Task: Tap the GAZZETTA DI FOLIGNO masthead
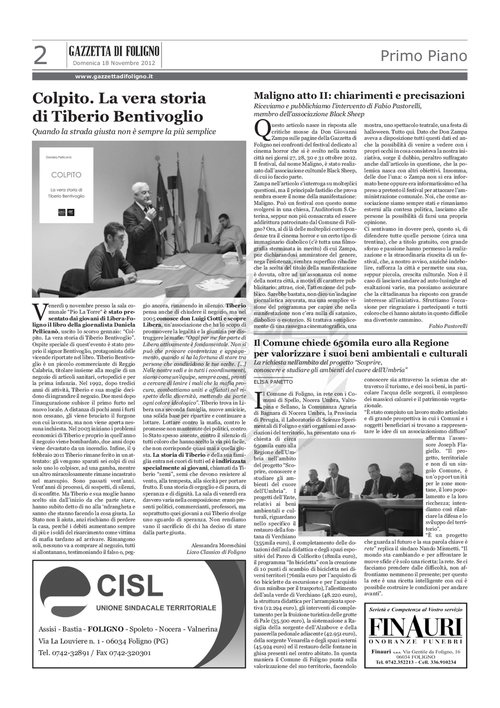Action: click(114, 51)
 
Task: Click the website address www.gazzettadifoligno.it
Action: click(114, 76)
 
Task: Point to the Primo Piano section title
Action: click(424, 56)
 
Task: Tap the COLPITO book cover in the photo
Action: click(67, 185)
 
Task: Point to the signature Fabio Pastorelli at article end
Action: click(448, 326)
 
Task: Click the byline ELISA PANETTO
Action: click(273, 382)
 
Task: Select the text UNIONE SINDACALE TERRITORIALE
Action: click(156, 608)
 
